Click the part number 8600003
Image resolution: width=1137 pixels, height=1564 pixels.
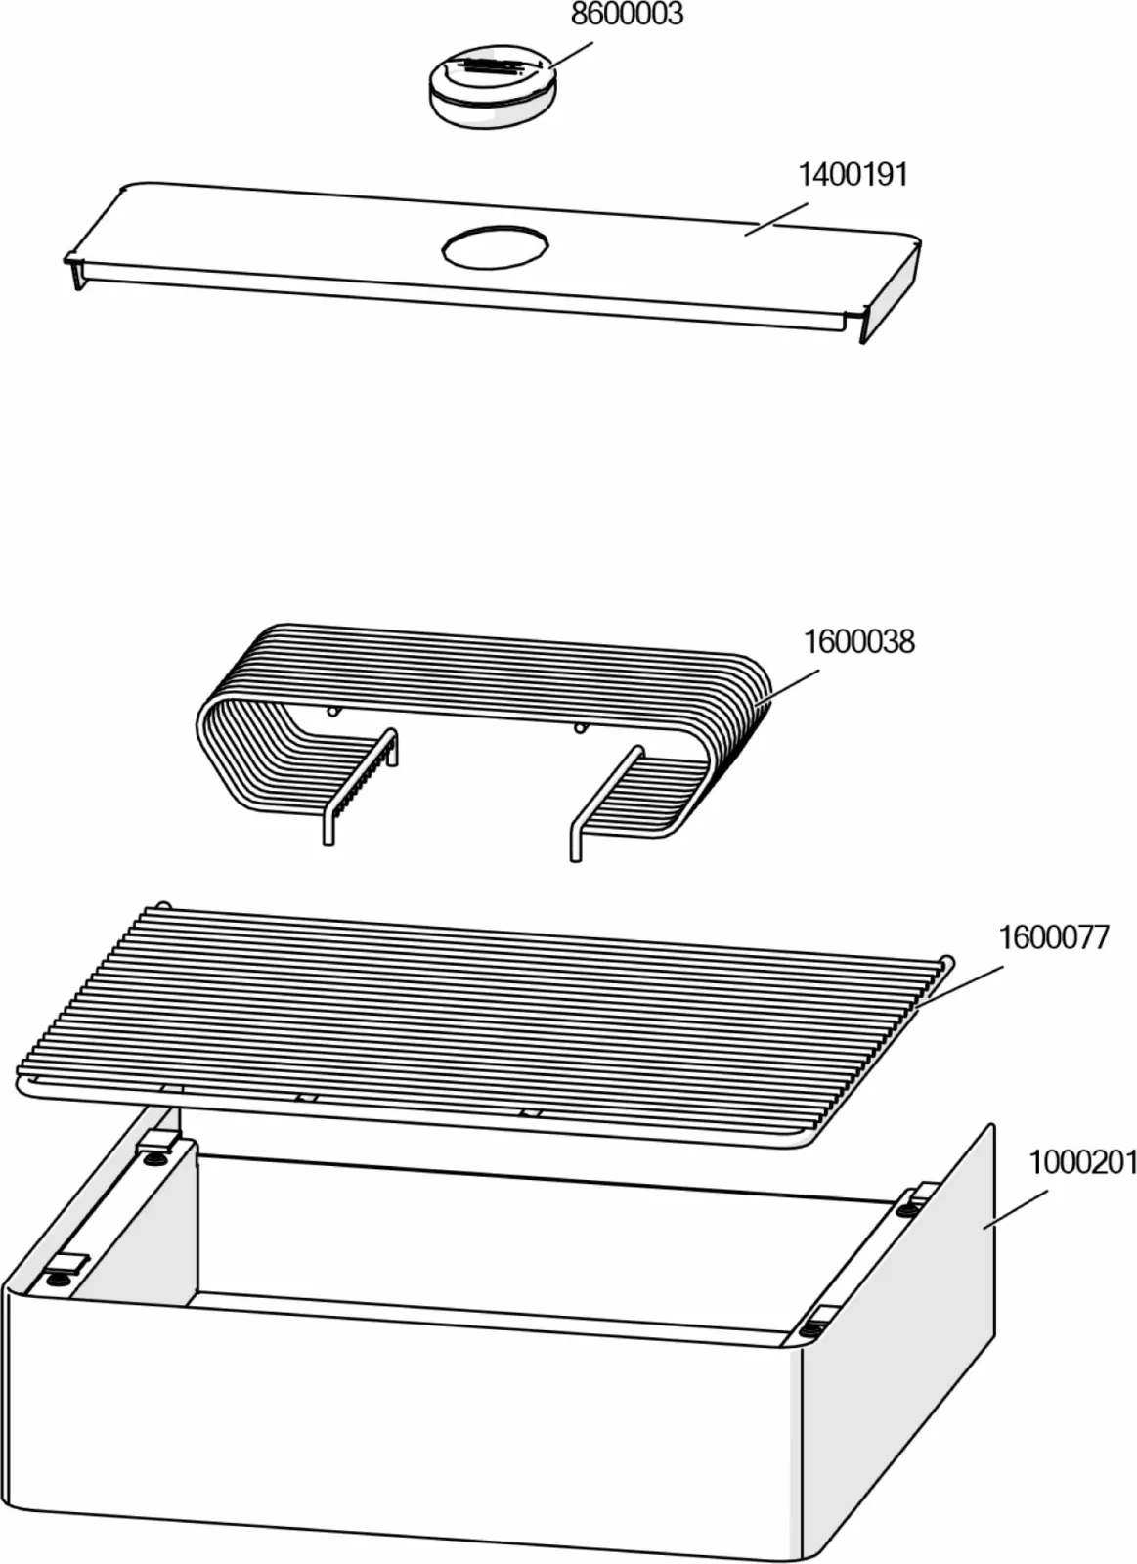point(627,15)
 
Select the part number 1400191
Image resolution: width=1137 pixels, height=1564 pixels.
point(853,175)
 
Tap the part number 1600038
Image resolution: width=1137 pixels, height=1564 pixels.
point(858,642)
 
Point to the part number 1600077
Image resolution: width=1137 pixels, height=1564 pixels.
point(1053,937)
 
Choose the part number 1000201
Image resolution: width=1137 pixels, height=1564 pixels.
point(1082,1163)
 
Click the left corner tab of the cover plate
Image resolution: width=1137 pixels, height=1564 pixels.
point(72,269)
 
